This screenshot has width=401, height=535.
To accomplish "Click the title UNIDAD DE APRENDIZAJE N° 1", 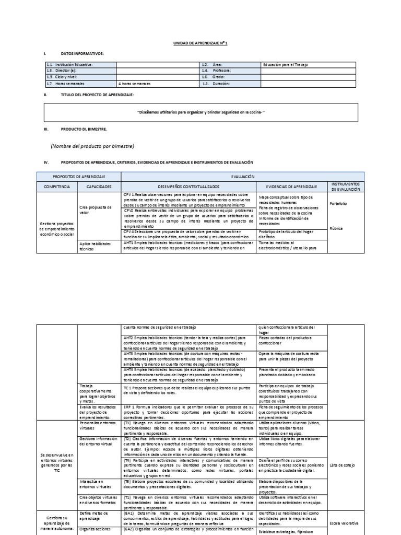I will click(200, 43).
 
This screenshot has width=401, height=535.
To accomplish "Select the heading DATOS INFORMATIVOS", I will click(82, 53).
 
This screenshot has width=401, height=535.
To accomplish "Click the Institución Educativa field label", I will click(70, 64).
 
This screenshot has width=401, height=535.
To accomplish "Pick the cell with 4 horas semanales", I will click(135, 84).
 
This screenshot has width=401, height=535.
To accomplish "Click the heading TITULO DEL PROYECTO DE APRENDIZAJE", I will click(97, 95).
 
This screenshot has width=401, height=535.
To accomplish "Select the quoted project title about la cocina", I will click(201, 112).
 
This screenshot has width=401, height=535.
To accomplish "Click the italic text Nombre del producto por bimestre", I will click(92, 146).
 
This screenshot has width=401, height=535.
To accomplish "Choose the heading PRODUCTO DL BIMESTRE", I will click(85, 129).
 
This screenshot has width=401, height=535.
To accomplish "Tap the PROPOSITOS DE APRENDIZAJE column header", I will click(79, 177).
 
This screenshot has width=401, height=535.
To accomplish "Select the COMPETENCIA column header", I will click(57, 187).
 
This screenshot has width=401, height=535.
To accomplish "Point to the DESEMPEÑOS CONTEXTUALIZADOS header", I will click(188, 187).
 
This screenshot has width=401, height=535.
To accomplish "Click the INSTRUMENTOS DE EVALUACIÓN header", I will click(345, 187).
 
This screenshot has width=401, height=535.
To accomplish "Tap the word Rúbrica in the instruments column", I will click(337, 228).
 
